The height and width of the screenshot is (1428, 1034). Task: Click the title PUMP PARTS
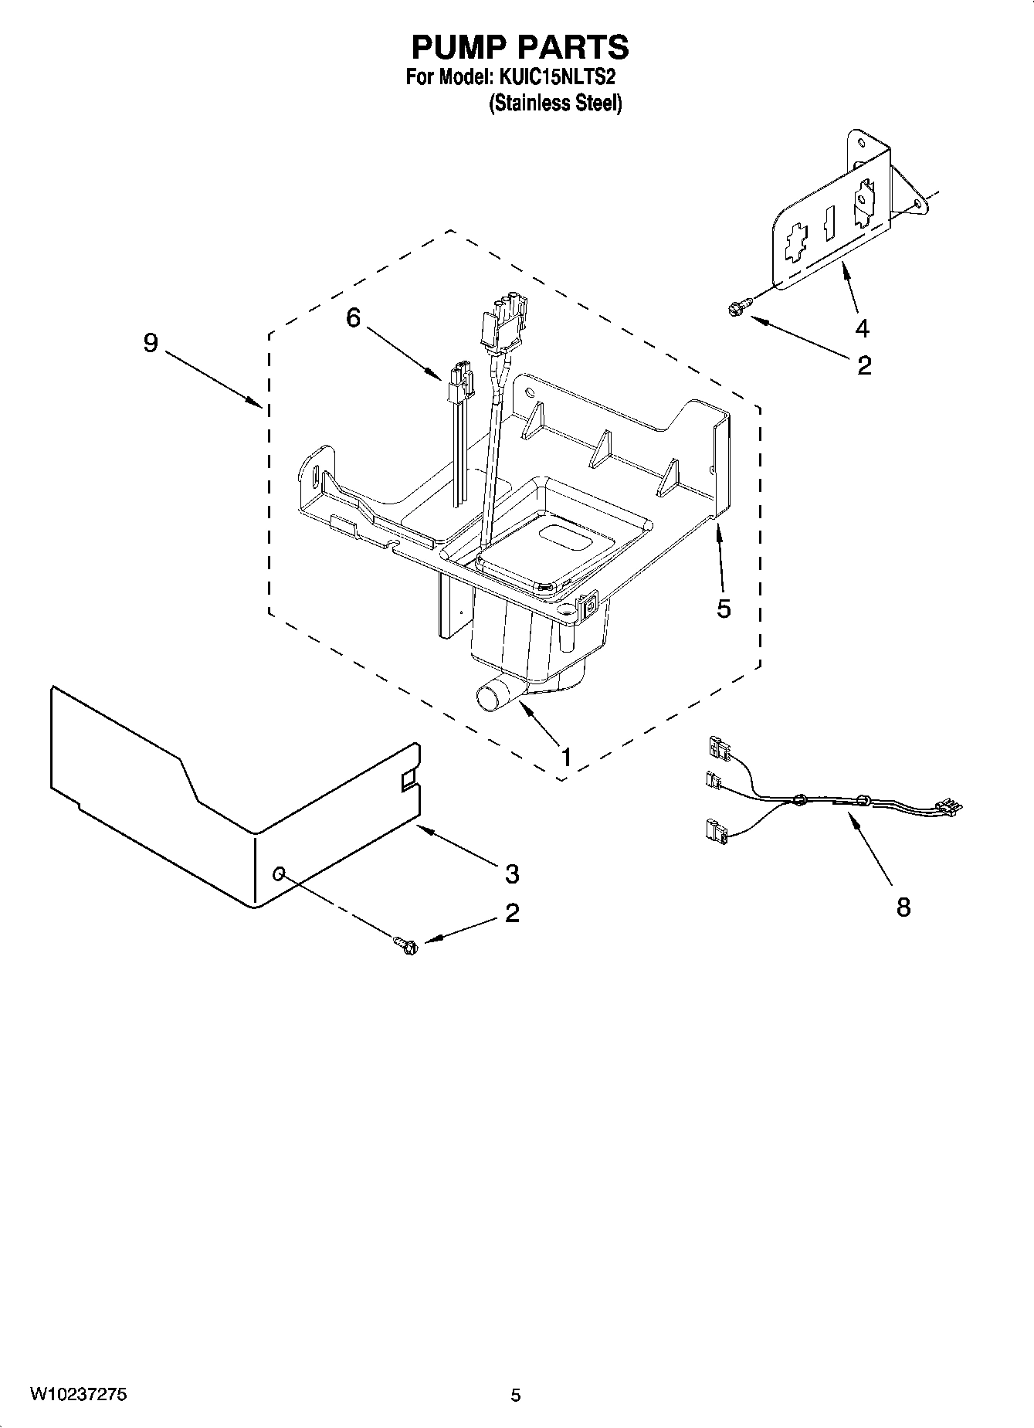coord(519,47)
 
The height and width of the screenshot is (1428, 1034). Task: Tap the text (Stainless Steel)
coord(554,103)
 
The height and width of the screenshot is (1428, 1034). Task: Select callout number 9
coord(151,342)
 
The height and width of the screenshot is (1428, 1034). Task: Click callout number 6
coord(353,317)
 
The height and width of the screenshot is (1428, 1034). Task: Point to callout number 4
coord(862,328)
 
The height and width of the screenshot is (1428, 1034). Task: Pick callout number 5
coord(723,609)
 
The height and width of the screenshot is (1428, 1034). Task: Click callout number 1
coord(566,757)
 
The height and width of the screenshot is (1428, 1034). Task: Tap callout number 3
coord(511,874)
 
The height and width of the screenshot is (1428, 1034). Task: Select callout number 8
coord(903,906)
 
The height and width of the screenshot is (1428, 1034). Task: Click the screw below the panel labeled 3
coord(406,944)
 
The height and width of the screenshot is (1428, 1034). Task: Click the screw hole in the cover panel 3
coord(280,873)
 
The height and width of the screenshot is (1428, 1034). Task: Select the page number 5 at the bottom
coord(516,1396)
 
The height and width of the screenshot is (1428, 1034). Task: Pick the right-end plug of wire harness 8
coord(949,808)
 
